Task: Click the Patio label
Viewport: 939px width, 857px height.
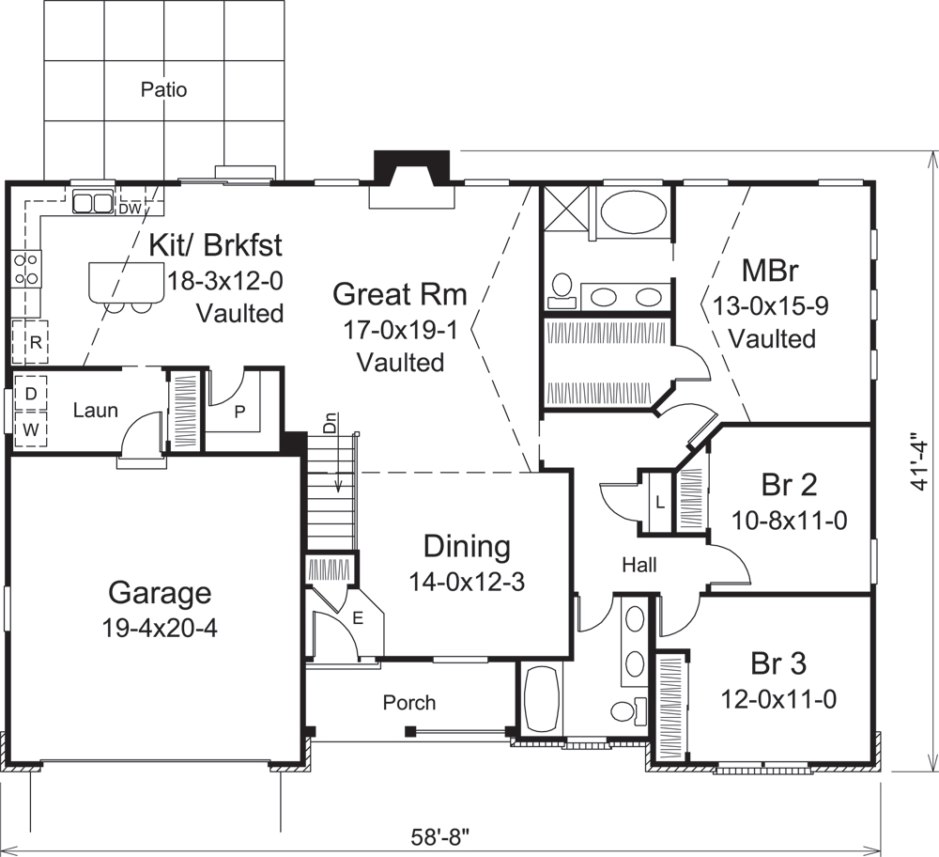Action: (163, 90)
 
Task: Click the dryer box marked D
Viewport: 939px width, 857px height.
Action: (30, 394)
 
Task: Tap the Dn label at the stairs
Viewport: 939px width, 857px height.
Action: (331, 422)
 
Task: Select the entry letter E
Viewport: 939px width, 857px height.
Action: (357, 617)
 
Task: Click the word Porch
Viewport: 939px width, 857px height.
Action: (409, 702)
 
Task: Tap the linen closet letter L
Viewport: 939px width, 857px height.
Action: (659, 502)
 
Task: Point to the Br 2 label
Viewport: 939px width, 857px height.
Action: (788, 484)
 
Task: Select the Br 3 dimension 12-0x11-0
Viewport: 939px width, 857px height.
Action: (778, 698)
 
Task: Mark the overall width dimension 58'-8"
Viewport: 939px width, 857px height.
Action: (439, 834)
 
